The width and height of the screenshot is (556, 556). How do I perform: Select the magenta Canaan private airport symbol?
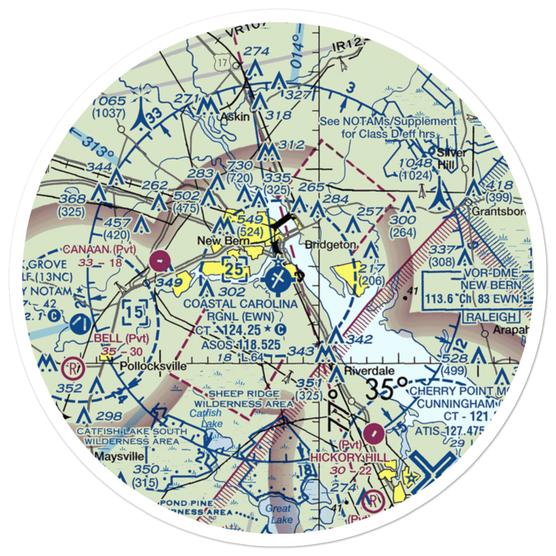click(160, 260)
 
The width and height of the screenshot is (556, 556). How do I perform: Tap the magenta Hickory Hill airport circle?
click(373, 430)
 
